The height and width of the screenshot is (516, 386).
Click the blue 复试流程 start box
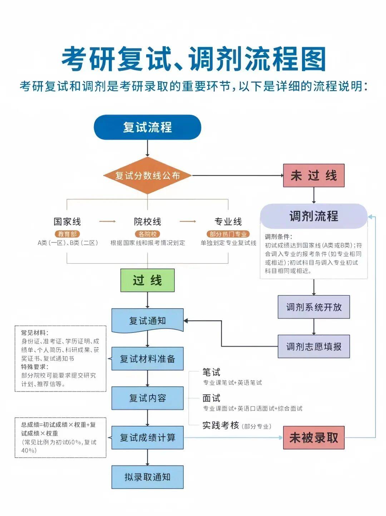click(147, 127)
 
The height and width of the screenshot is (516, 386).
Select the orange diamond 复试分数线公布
click(147, 176)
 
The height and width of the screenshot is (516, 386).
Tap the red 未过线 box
click(313, 176)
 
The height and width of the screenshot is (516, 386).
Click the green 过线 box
click(147, 280)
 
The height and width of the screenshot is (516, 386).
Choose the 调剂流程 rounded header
click(313, 216)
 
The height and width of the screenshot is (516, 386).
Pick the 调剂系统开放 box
click(313, 307)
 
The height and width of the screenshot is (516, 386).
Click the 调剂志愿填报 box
click(313, 347)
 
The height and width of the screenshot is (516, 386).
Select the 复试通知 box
click(147, 320)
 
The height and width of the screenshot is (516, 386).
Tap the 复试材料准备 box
click(147, 359)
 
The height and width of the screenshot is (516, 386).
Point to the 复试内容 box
click(147, 398)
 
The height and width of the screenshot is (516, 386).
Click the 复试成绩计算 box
click(147, 437)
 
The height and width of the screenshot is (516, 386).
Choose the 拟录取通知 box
click(147, 477)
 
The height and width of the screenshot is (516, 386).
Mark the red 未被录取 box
click(313, 437)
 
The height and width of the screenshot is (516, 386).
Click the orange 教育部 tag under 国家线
click(67, 234)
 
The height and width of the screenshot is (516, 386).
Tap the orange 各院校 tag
click(147, 234)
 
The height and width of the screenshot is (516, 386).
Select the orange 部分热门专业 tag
click(228, 234)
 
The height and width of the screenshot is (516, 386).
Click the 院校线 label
click(147, 222)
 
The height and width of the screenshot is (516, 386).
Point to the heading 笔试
click(211, 372)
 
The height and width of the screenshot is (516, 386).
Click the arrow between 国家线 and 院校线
click(107, 222)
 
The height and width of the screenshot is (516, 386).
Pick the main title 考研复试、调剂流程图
click(193, 59)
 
